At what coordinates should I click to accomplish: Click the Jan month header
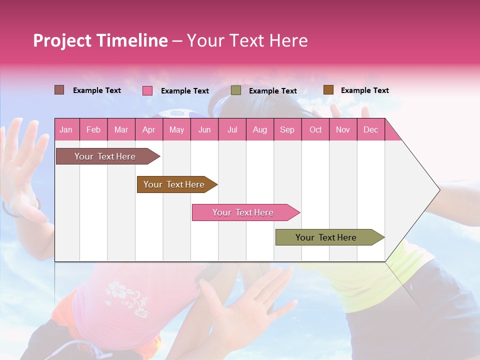click(x=66, y=129)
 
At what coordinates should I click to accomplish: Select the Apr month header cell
click(x=148, y=129)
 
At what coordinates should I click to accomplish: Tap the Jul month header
click(x=232, y=129)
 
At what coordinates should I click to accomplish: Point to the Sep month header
click(x=287, y=129)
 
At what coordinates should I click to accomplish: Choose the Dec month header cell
click(x=370, y=129)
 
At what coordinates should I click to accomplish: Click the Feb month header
click(x=93, y=129)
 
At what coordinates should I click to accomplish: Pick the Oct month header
click(x=315, y=129)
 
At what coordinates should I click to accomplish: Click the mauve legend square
click(x=59, y=90)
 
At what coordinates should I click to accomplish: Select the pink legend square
click(x=147, y=90)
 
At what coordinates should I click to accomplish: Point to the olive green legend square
click(x=236, y=90)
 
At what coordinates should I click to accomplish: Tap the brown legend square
click(x=328, y=90)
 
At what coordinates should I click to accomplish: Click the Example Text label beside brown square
click(x=364, y=90)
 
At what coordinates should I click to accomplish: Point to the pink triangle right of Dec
click(x=392, y=132)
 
